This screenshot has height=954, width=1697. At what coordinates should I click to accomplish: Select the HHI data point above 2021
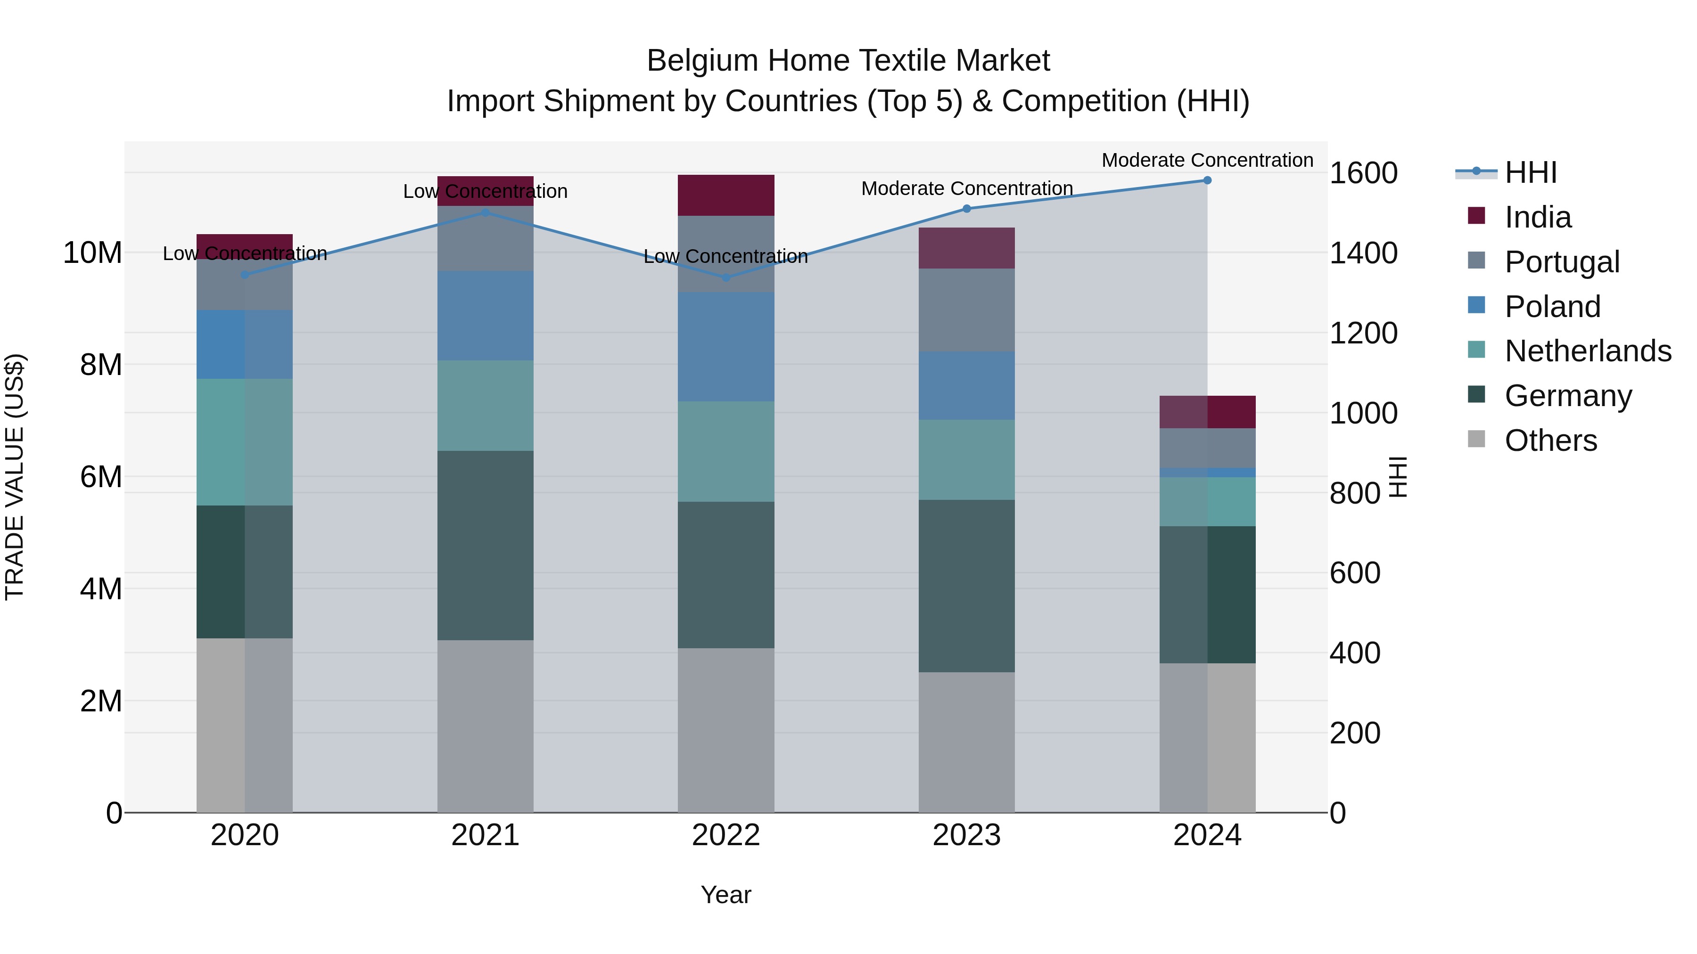pyautogui.click(x=486, y=212)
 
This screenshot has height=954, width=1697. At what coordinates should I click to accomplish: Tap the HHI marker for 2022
pyautogui.click(x=726, y=277)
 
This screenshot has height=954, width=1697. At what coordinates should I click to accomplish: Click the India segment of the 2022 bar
pyautogui.click(x=726, y=195)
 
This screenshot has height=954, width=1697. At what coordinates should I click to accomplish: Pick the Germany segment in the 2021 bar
pyautogui.click(x=486, y=545)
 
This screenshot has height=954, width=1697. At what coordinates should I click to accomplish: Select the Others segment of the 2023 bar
pyautogui.click(x=966, y=742)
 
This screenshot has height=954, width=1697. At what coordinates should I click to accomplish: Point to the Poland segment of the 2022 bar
pyautogui.click(x=726, y=347)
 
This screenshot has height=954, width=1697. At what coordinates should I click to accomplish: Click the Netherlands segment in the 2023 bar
pyautogui.click(x=966, y=459)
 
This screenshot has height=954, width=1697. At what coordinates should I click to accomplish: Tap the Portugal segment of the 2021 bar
pyautogui.click(x=486, y=238)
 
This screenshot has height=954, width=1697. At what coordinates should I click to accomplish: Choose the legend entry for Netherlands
pyautogui.click(x=1588, y=351)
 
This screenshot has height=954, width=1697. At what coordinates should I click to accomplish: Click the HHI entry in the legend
pyautogui.click(x=1530, y=172)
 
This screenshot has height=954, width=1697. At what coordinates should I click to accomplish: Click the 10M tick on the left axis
pyautogui.click(x=92, y=253)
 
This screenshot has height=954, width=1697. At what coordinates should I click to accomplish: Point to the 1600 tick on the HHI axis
pyautogui.click(x=1363, y=173)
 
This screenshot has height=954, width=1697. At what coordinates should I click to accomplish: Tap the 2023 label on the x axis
pyautogui.click(x=966, y=835)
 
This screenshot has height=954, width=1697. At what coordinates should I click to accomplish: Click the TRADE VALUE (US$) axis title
pyautogui.click(x=15, y=477)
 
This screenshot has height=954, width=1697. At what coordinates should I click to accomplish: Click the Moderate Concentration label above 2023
pyautogui.click(x=966, y=188)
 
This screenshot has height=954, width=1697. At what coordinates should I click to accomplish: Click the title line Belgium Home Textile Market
pyautogui.click(x=848, y=61)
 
